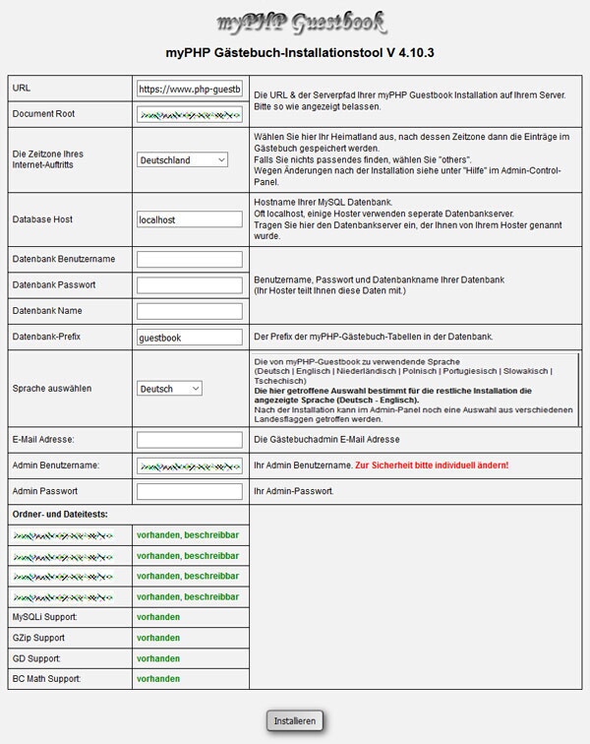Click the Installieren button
pyautogui.click(x=295, y=721)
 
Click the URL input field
pyautogui.click(x=190, y=89)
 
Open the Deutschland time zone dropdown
pyautogui.click(x=183, y=159)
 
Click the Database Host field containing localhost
pyautogui.click(x=190, y=219)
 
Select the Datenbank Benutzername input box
pyautogui.click(x=190, y=260)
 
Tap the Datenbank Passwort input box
pyautogui.click(x=190, y=285)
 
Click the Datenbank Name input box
pyautogui.click(x=190, y=311)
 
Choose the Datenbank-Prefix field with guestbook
pyautogui.click(x=190, y=338)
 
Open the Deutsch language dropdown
pyautogui.click(x=169, y=389)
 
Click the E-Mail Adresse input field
pyautogui.click(x=190, y=440)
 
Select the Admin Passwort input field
pyautogui.click(x=190, y=491)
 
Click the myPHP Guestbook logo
pyautogui.click(x=300, y=21)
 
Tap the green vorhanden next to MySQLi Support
pyautogui.click(x=158, y=617)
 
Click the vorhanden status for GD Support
pyautogui.click(x=158, y=658)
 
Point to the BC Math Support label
pyautogui.click(x=46, y=679)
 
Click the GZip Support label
pyautogui.click(x=40, y=638)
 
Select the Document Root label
pyautogui.click(x=43, y=114)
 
